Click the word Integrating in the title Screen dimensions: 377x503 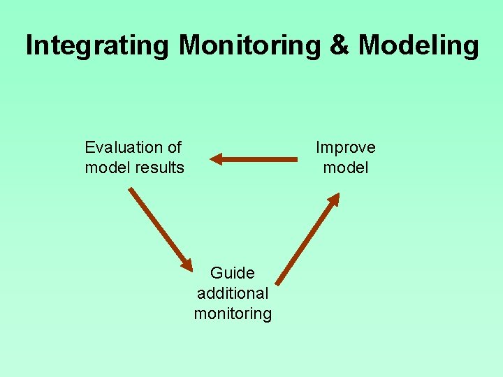point(97,46)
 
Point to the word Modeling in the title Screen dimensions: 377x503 point(418,46)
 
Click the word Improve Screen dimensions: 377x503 point(345,147)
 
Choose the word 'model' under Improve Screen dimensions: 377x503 point(345,168)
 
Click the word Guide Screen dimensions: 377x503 point(233,273)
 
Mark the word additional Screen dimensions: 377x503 point(233,293)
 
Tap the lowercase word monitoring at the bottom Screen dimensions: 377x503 point(233,313)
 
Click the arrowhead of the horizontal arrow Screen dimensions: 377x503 point(215,159)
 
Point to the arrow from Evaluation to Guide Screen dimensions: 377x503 point(159,228)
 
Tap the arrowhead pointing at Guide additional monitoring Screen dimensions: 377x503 point(187,265)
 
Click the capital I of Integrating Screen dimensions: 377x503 point(29,46)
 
